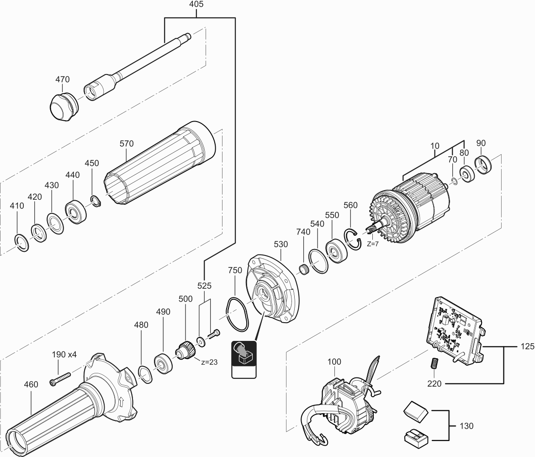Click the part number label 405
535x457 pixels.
pyautogui.click(x=196, y=5)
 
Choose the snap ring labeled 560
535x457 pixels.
pyautogui.click(x=354, y=239)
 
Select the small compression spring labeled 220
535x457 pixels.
pyautogui.click(x=435, y=364)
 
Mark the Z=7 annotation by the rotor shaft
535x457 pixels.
pyautogui.click(x=373, y=244)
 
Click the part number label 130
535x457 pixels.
pyautogui.click(x=466, y=426)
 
